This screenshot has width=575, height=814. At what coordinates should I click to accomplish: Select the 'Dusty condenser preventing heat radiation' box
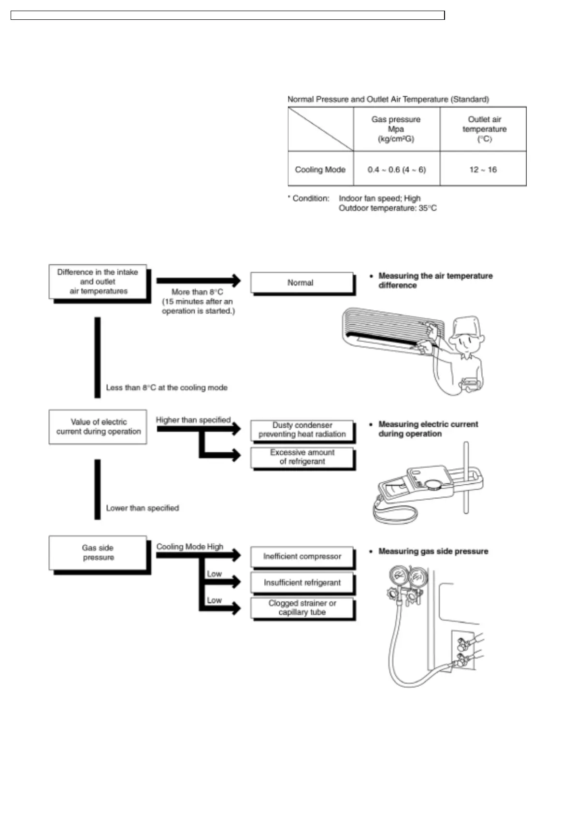(302, 430)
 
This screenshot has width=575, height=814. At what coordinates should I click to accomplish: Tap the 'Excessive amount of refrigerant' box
(302, 457)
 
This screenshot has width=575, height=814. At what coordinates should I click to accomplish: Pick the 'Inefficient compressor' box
(302, 556)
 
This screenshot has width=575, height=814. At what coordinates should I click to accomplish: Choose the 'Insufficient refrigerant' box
(302, 582)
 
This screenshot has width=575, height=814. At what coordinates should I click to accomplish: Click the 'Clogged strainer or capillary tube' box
(302, 608)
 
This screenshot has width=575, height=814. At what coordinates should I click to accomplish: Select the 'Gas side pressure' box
(98, 552)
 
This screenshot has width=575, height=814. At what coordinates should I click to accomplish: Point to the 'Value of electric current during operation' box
(98, 427)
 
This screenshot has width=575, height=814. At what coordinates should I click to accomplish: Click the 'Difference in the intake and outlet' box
(98, 282)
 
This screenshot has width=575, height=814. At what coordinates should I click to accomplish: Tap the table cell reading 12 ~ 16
(483, 170)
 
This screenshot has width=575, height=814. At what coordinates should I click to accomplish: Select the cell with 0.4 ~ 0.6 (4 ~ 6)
(397, 170)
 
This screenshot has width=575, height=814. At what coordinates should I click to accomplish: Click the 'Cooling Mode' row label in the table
(320, 170)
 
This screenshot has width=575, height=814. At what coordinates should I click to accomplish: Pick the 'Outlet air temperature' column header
(484, 129)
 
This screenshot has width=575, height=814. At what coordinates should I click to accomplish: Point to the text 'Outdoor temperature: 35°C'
(388, 208)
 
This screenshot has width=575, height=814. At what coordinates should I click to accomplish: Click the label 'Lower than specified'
(143, 508)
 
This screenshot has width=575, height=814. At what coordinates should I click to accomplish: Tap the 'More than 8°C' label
(197, 292)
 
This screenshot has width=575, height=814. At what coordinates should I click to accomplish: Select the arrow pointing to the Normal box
(198, 280)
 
